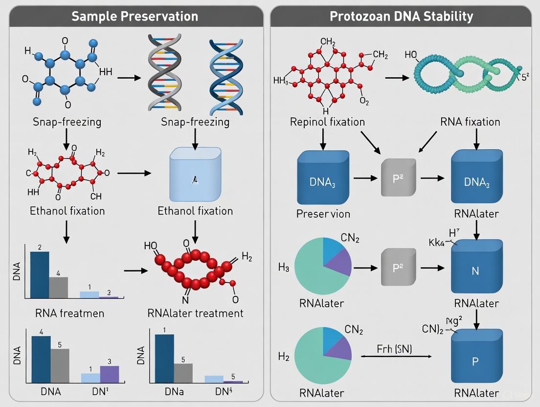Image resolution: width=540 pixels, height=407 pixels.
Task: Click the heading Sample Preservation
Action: click(x=135, y=16)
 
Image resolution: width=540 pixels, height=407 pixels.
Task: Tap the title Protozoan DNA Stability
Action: click(x=401, y=16)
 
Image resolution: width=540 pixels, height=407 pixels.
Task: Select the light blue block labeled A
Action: click(x=194, y=175)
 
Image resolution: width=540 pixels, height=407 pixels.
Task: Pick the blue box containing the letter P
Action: click(x=475, y=361)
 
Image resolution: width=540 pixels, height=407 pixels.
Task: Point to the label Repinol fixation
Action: click(x=327, y=121)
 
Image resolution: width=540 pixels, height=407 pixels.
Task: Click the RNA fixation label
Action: click(x=470, y=121)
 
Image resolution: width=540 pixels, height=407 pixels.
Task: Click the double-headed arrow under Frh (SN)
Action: click(x=396, y=357)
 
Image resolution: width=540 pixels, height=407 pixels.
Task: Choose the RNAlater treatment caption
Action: click(x=195, y=313)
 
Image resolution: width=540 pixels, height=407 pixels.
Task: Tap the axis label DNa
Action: click(x=174, y=391)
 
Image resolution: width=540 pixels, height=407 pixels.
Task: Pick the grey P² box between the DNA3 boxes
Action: click(x=398, y=178)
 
